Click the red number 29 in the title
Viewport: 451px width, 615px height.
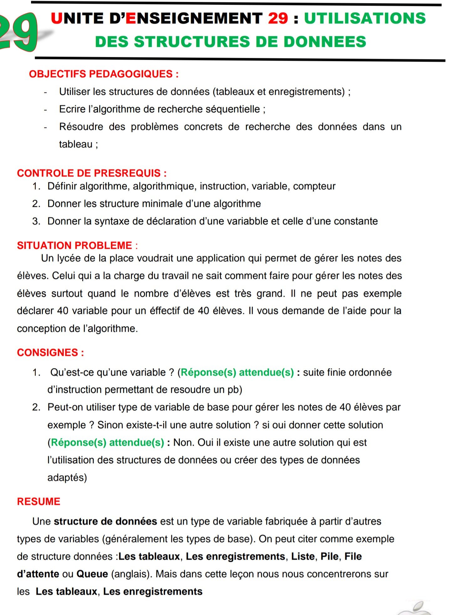coord(278,18)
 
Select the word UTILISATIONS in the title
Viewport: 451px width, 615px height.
coord(365,18)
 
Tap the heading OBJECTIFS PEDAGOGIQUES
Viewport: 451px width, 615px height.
coord(104,74)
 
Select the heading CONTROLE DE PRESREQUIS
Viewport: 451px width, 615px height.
coord(92,173)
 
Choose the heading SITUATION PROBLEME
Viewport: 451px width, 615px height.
coord(75,245)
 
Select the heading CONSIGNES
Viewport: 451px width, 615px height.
coord(50,352)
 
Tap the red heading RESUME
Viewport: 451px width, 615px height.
coord(39,501)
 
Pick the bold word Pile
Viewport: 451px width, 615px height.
coord(329,556)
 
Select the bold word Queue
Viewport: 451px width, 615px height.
coord(92,574)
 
